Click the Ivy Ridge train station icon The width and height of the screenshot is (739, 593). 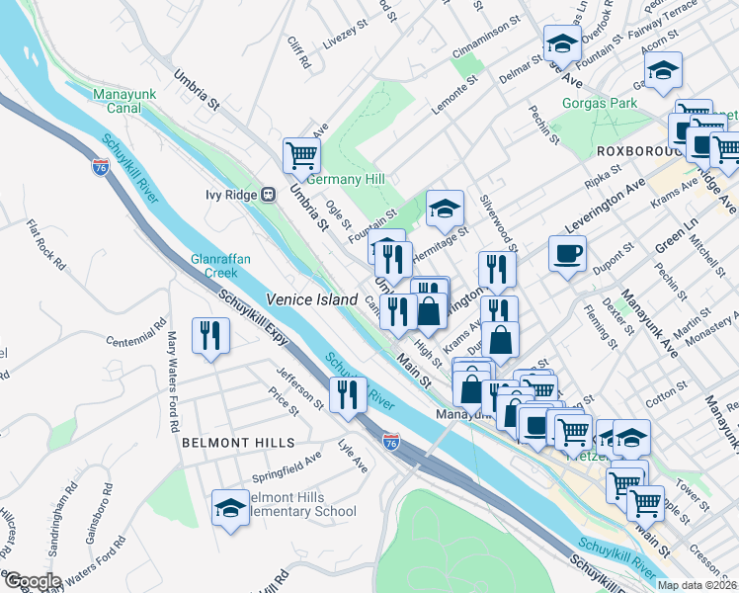(268, 195)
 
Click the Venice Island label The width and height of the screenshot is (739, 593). (304, 298)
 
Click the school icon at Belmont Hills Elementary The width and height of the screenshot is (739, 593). (230, 508)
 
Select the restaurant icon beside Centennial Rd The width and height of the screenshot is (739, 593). (211, 335)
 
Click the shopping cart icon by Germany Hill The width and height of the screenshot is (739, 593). (300, 154)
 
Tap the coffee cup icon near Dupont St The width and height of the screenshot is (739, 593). (567, 253)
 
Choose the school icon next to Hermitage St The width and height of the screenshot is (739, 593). (445, 208)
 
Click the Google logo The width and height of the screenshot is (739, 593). (32, 581)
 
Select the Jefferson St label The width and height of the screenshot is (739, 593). (299, 386)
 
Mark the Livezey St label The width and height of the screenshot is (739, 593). (345, 38)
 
